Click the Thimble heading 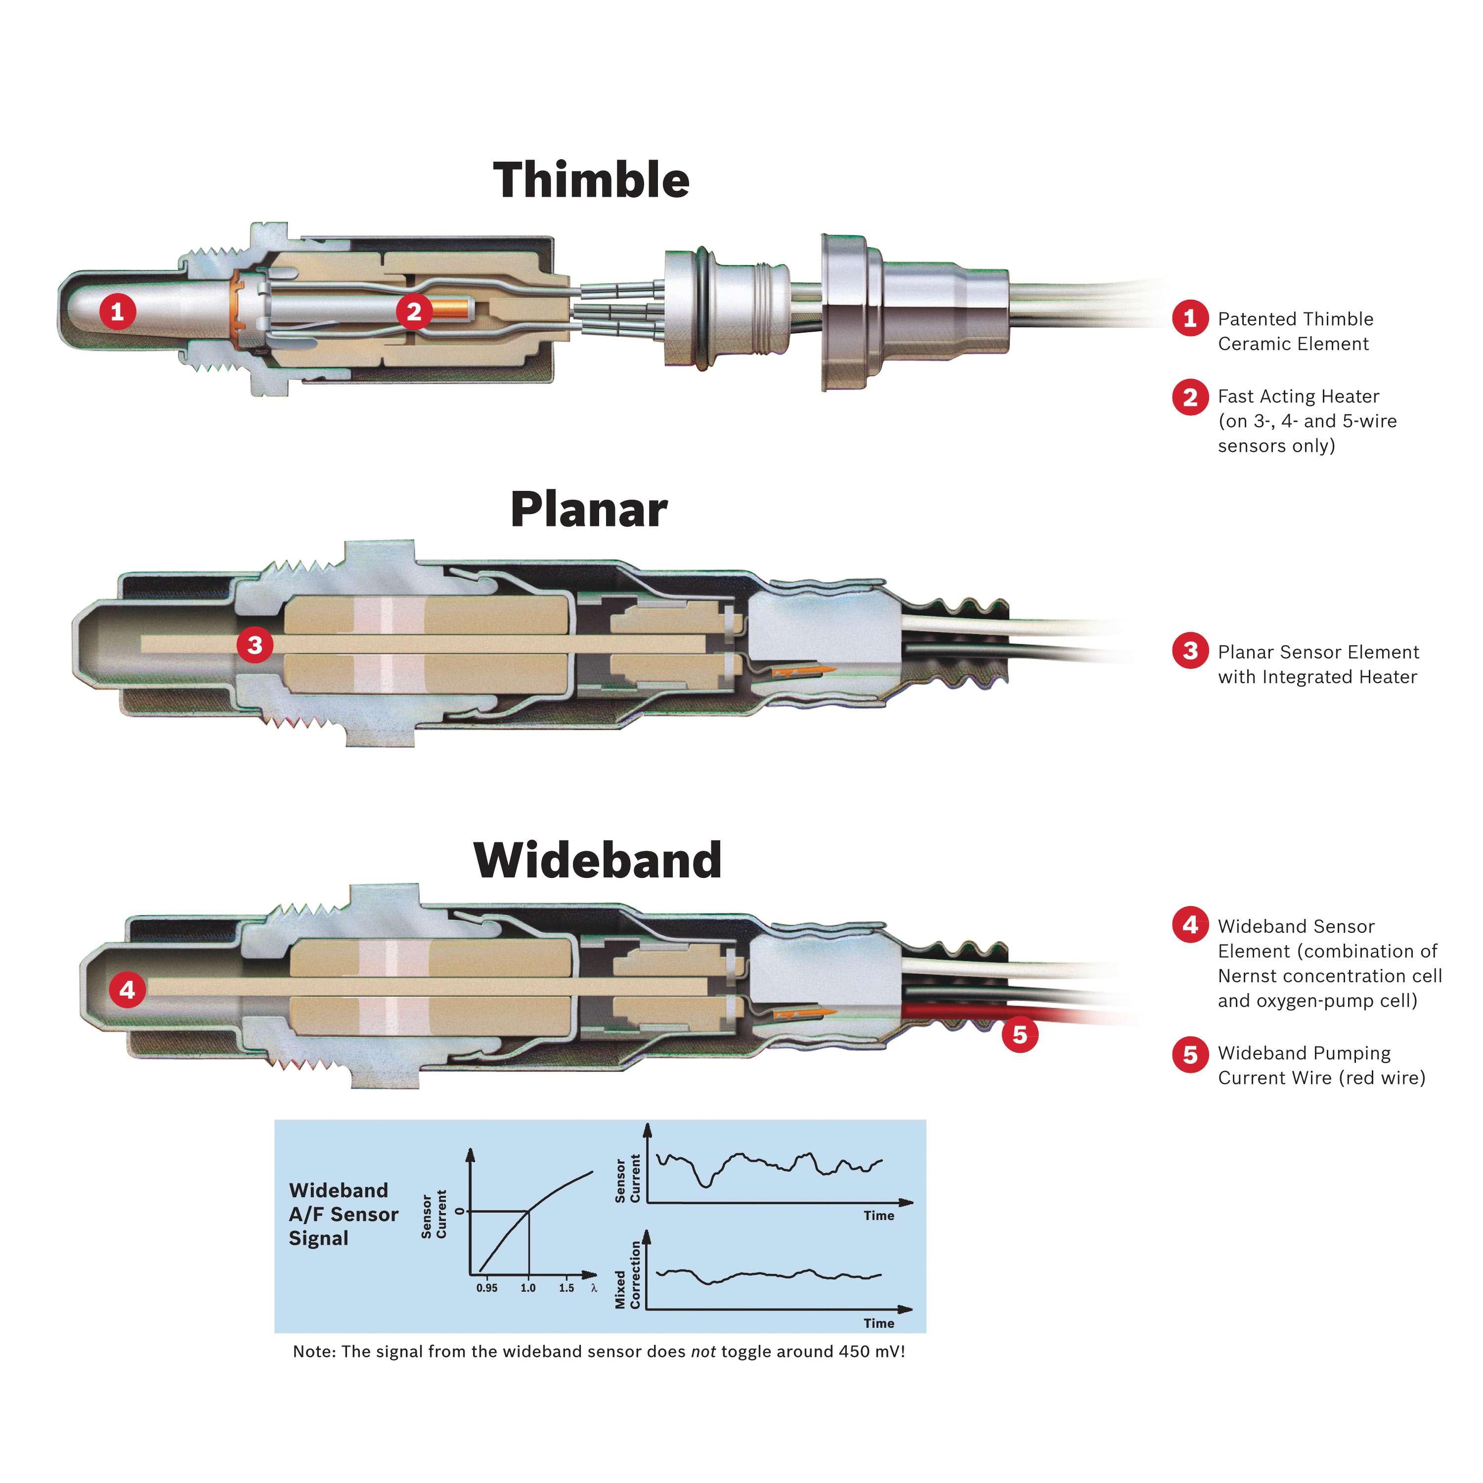pyautogui.click(x=591, y=180)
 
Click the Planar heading pyautogui.click(x=589, y=509)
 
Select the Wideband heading pyautogui.click(x=597, y=860)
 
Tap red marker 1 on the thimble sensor pyautogui.click(x=118, y=311)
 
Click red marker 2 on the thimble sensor pyautogui.click(x=415, y=311)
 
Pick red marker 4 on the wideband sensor pyautogui.click(x=128, y=990)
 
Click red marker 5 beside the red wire pyautogui.click(x=1019, y=1034)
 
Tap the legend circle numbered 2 pyautogui.click(x=1190, y=397)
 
